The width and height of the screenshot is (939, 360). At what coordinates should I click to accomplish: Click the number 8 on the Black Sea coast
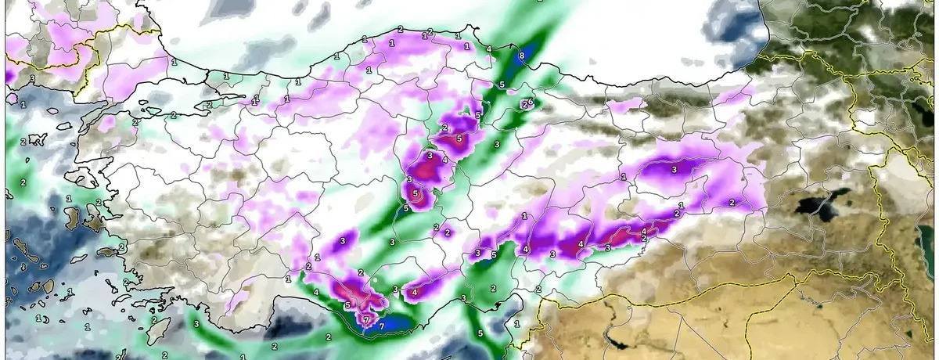522,56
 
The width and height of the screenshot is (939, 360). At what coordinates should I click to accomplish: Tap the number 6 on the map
531,102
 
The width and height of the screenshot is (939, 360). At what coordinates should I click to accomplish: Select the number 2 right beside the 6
524,104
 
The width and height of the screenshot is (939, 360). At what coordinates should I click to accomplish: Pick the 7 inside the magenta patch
365,320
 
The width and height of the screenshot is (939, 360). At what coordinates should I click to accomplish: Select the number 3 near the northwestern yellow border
31,78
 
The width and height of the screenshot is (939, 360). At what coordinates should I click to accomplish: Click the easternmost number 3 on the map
675,169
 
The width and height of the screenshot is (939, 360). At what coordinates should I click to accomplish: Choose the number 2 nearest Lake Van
732,202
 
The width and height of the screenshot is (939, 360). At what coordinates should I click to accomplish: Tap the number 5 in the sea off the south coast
480,333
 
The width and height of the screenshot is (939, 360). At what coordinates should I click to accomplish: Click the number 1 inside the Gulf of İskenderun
516,322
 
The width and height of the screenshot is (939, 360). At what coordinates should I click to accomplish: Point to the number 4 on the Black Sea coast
489,49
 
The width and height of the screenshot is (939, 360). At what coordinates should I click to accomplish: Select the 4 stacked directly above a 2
644,231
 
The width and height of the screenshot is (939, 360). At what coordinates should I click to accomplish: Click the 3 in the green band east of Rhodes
196,323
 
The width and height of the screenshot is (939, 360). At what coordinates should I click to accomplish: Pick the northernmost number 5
502,85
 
